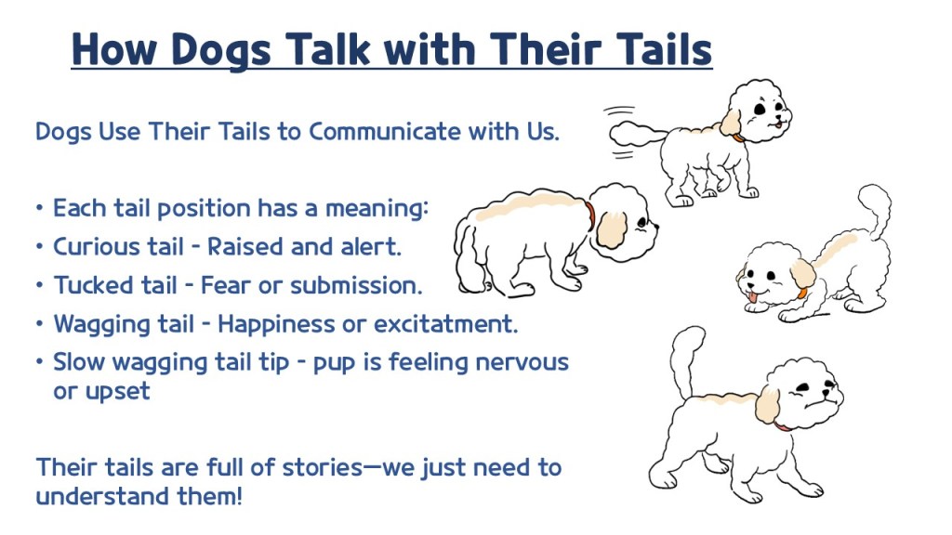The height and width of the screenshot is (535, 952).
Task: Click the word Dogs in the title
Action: point(220,49)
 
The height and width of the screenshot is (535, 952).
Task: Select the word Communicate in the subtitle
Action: point(385,132)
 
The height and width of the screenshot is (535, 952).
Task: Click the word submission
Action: point(356,285)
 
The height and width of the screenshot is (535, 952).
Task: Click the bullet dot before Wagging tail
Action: point(39,324)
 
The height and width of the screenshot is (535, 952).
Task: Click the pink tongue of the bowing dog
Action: point(753,296)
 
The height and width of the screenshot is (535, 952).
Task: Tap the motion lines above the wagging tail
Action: point(619,111)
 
